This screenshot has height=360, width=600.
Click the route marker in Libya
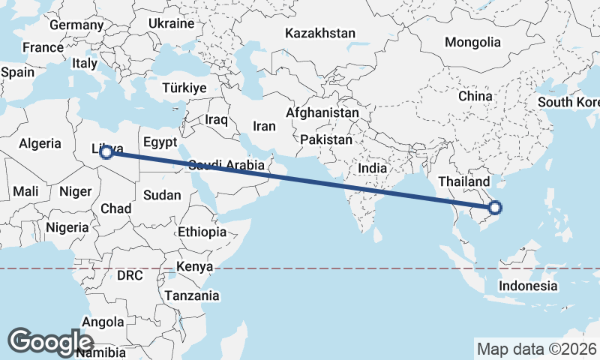(106, 152)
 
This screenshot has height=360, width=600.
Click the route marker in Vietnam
(494, 208)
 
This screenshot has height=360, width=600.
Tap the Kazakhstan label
(320, 33)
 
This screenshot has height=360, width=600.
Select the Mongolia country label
(472, 42)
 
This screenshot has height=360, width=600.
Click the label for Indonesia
(529, 286)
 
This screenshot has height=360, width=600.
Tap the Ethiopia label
(202, 232)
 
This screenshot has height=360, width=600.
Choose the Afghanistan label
(322, 112)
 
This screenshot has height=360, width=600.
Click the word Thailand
(464, 181)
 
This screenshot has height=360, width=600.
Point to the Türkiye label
(184, 88)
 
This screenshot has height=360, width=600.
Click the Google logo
(50, 341)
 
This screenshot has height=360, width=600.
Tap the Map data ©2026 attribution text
(537, 349)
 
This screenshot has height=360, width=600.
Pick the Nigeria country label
(67, 226)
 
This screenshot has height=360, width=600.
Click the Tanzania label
(193, 295)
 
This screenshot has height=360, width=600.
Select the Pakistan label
(325, 140)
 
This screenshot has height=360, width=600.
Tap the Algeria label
(39, 143)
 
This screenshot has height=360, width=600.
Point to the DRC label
(130, 275)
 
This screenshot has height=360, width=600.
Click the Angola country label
(103, 322)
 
